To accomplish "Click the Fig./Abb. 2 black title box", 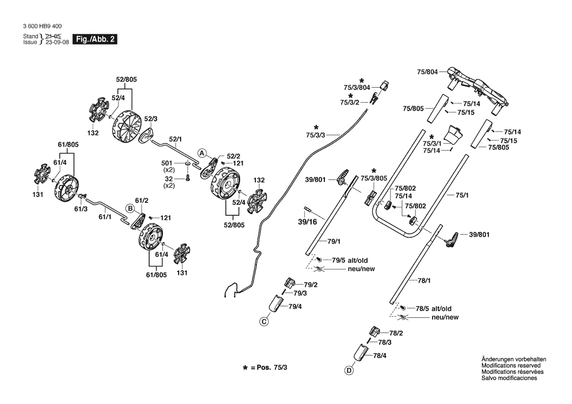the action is pos(95,40).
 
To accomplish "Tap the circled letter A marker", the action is pos(202,153).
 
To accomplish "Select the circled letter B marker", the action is pos(130,208).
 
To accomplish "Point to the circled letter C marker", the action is pos(264,322).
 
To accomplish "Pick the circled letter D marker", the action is pos(349,371).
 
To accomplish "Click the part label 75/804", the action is pos(427,72).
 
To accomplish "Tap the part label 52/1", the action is pos(176,139).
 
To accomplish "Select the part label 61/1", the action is pos(105,217).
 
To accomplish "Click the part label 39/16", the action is pos(307,222).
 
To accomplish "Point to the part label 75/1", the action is pos(462,195).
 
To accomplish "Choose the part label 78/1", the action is pos(424,280).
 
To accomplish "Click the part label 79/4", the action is pos(295,306).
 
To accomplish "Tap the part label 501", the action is pos(167,163).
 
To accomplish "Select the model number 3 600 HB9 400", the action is pos(42,26).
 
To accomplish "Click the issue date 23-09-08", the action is pos(57,42).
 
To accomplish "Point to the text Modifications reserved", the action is pos(511,365).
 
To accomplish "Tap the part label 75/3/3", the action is pos(316,135).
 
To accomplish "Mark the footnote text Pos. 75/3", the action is pos(272,367).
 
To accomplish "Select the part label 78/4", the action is pos(380,356).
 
